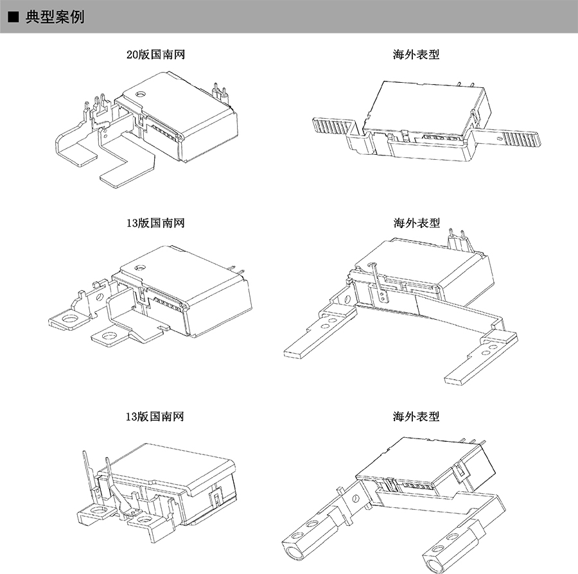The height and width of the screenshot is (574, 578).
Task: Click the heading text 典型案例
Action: [55, 17]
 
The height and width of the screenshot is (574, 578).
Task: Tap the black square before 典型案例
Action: [13, 17]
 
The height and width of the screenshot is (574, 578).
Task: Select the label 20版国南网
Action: [156, 55]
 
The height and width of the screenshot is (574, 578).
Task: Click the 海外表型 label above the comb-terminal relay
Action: [416, 55]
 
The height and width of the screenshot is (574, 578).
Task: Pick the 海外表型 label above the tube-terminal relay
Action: [416, 417]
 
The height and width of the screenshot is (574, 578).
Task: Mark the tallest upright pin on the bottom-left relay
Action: [85, 475]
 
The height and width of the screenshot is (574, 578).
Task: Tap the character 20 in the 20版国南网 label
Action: [132, 55]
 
